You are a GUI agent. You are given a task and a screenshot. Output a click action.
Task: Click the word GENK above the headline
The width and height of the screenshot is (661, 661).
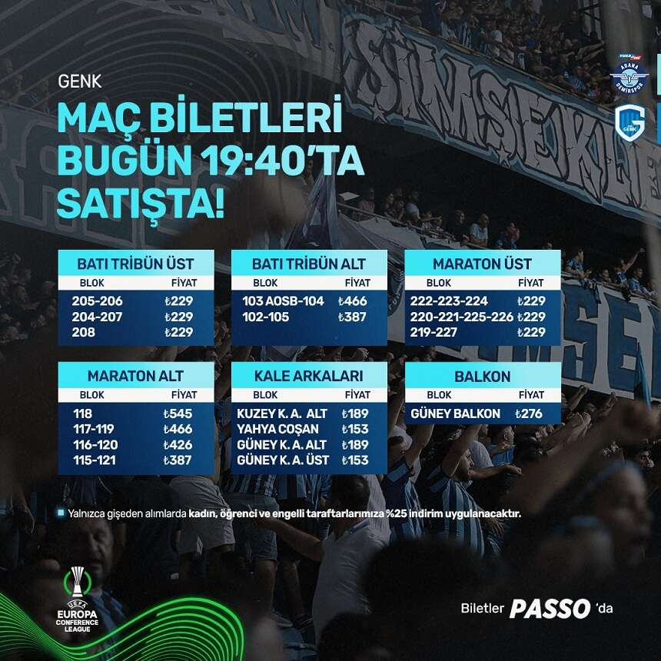[x=80, y=80]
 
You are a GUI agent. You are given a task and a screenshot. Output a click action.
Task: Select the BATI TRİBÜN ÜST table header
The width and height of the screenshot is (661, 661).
[x=135, y=264]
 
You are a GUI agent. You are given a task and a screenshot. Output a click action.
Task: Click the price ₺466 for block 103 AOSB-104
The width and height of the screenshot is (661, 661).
[x=353, y=301]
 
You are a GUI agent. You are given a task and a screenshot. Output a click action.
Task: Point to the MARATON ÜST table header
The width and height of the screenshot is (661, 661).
[x=483, y=264]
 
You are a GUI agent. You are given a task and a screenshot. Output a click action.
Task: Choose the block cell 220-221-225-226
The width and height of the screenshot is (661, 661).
[x=462, y=317]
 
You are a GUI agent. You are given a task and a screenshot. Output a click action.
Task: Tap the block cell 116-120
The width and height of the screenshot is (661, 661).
[x=94, y=445]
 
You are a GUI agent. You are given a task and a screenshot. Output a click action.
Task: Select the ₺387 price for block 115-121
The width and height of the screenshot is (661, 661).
[x=178, y=460]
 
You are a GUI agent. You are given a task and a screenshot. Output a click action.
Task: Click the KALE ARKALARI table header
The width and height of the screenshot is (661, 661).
[x=309, y=377]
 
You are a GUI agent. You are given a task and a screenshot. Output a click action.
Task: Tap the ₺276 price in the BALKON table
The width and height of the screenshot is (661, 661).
[x=529, y=414]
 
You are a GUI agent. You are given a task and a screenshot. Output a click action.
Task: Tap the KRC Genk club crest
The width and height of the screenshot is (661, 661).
[x=629, y=121]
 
